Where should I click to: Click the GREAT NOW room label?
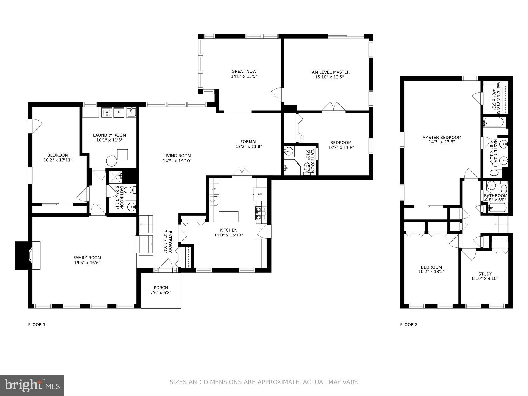244,71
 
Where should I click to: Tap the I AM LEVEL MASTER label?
329,72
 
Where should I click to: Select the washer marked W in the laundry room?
106,112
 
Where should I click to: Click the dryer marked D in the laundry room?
119,112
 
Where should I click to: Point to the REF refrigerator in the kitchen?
260,194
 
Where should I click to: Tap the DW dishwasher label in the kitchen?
214,189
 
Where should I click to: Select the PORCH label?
161,288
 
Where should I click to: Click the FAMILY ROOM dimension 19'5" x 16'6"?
87,263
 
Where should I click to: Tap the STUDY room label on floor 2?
485,274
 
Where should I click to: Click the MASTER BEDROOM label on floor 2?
442,137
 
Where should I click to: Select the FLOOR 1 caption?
37,324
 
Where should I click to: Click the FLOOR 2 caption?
409,324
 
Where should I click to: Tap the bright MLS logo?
32,385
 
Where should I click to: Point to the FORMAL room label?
249,141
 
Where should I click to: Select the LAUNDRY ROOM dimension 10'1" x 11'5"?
109,140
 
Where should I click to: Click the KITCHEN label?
228,230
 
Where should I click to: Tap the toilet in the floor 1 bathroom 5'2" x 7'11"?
129,190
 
